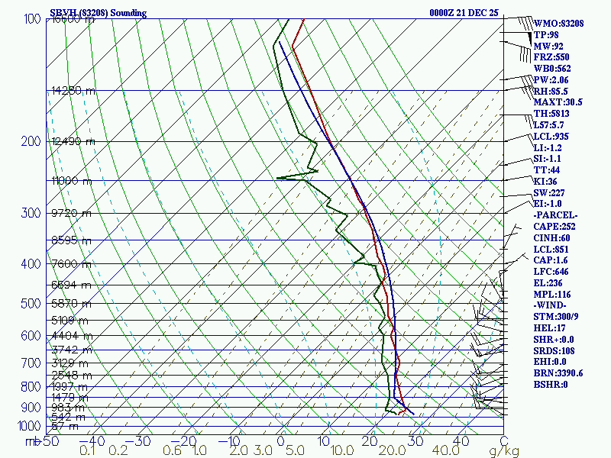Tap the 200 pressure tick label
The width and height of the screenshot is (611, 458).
[31, 142]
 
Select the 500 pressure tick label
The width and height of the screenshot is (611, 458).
[31, 304]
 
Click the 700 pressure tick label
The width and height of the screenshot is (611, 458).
[31, 363]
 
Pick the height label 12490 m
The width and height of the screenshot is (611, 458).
[73, 141]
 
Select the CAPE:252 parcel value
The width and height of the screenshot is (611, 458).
[554, 227]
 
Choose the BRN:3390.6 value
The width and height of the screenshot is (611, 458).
[558, 373]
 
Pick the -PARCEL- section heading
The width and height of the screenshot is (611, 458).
[555, 215]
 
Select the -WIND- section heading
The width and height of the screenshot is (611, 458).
[551, 305]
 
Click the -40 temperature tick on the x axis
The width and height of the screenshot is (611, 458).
[96, 440]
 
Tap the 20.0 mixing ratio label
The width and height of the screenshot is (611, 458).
[390, 451]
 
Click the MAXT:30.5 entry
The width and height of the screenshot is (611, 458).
[558, 102]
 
